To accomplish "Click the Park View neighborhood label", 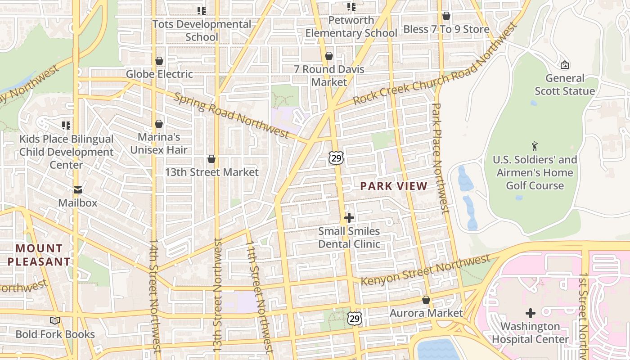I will (394, 186).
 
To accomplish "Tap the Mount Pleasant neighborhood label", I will (39, 255).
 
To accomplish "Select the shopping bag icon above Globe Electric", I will (159, 61).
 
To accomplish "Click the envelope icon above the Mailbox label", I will (78, 190).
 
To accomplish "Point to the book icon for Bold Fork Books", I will (55, 321).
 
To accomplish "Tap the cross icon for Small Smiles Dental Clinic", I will (349, 218).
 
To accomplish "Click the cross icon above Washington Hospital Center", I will (531, 313).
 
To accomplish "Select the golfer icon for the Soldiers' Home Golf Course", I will (535, 146).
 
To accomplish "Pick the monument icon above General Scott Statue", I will (565, 65).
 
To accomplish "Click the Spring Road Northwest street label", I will (231, 116).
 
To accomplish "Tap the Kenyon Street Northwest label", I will (425, 270).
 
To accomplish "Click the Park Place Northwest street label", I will (440, 157).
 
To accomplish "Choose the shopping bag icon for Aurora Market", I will (426, 300).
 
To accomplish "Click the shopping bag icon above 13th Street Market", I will (211, 159).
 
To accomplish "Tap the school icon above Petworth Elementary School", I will (351, 7).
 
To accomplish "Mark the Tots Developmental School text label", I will (202, 31).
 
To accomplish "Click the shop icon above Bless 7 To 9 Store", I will (446, 16).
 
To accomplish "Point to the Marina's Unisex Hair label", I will (159, 143).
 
